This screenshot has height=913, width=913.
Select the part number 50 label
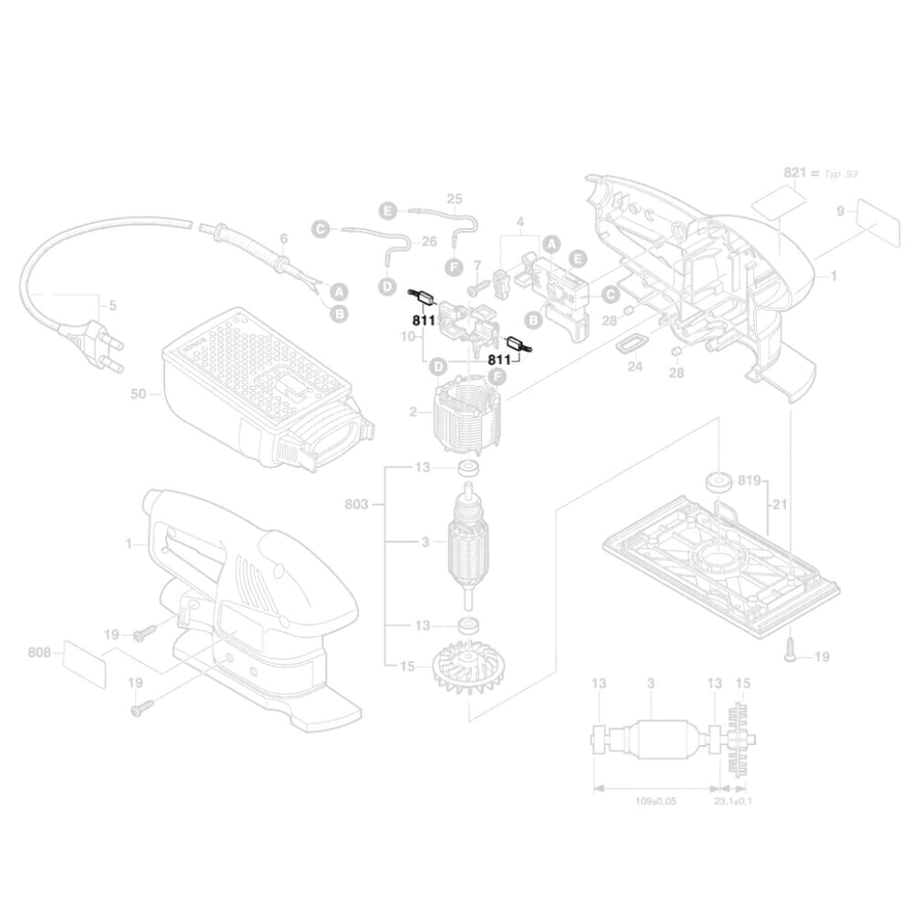(139, 394)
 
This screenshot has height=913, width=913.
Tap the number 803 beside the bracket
(357, 502)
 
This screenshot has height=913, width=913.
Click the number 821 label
(796, 173)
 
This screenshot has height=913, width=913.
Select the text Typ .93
(841, 173)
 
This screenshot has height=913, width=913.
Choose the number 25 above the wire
(455, 199)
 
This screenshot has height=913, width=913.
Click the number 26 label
(428, 242)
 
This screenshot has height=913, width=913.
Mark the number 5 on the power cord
(112, 306)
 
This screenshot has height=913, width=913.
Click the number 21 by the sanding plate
(779, 505)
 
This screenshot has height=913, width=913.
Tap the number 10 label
(408, 337)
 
